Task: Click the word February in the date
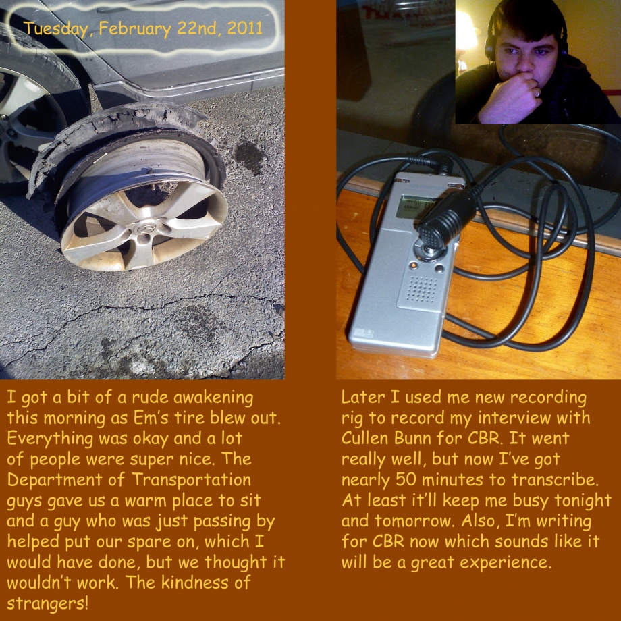[134, 29]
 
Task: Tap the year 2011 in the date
[245, 28]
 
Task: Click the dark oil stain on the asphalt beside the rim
[249, 157]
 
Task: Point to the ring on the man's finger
[537, 92]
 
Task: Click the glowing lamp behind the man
[466, 36]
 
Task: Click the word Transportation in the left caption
[191, 480]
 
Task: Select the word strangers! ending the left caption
[47, 603]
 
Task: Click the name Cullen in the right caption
[364, 438]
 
